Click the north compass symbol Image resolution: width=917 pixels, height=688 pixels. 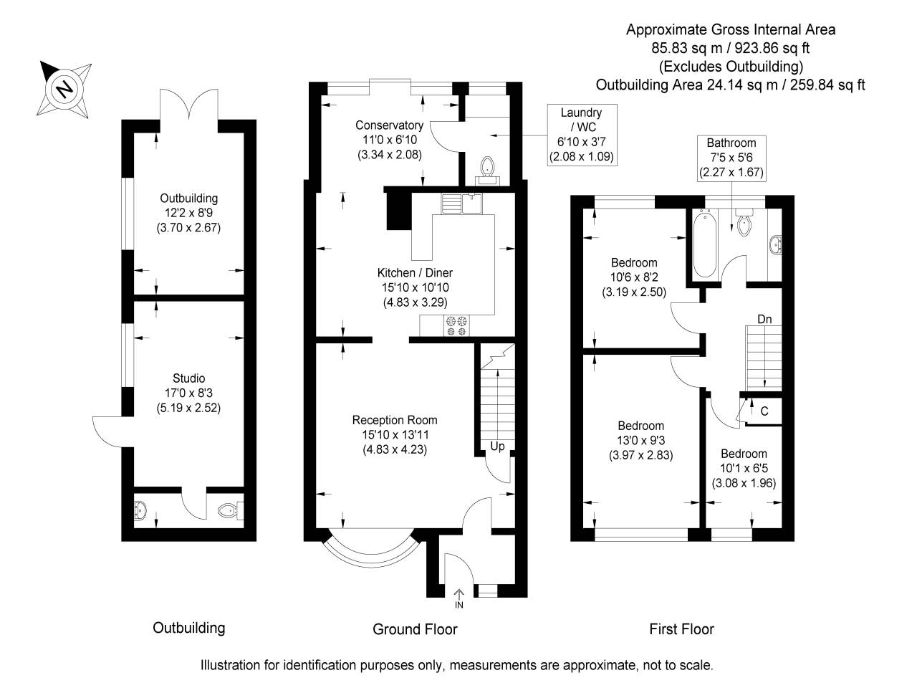[65, 88]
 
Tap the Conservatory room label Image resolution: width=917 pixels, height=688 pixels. [389, 140]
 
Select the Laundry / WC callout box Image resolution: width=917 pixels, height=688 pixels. [581, 135]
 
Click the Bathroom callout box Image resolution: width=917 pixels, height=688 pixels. [731, 158]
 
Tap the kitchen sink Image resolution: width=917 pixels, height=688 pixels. [462, 204]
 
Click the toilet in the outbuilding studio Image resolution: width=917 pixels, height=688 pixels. [228, 510]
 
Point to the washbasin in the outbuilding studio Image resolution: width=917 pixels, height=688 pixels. [140, 510]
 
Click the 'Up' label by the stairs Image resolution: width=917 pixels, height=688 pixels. [497, 446]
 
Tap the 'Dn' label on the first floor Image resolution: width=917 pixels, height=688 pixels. [764, 319]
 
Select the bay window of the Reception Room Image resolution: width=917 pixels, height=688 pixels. [370, 553]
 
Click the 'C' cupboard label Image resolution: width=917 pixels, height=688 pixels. [764, 411]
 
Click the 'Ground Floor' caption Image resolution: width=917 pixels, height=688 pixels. [415, 629]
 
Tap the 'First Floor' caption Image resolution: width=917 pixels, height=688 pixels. [681, 629]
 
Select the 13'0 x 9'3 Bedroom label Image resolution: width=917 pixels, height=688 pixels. [640, 440]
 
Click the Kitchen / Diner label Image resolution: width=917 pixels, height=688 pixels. [415, 287]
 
